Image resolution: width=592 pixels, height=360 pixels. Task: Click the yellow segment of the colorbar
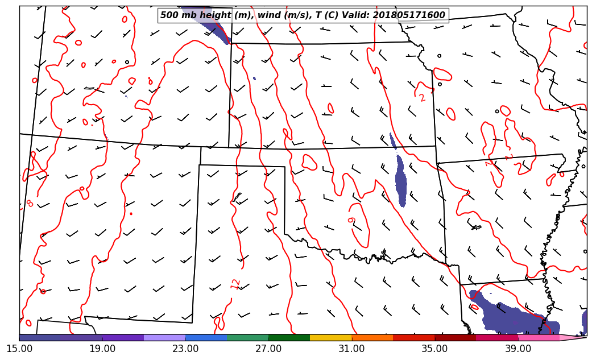[x=331, y=338]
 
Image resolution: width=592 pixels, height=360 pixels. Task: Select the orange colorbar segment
[x=372, y=338]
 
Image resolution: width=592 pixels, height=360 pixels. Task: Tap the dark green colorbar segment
[x=289, y=338]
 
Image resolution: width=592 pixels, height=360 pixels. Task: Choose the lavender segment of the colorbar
[x=165, y=338]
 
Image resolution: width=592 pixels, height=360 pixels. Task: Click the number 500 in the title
[x=169, y=15]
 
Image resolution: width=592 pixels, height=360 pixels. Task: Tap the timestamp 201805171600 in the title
[x=409, y=15]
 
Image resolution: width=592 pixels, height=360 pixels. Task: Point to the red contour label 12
[x=236, y=284]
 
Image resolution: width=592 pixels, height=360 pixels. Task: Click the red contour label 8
[x=30, y=203]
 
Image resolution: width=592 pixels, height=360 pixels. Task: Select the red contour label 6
[x=351, y=220]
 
